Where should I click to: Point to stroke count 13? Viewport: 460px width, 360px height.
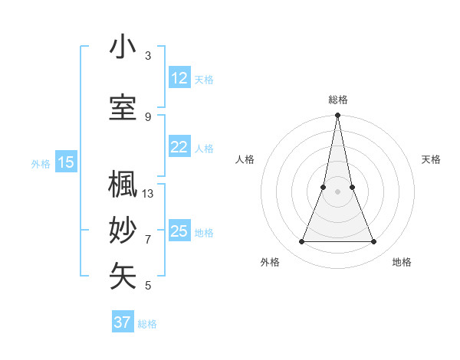(148, 194)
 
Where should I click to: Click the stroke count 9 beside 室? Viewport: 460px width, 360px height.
(148, 116)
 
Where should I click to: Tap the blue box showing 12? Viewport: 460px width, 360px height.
(179, 78)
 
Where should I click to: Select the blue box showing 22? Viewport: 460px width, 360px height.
(179, 148)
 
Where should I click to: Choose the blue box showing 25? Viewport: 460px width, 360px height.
(179, 231)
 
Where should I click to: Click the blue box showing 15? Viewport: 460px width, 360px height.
(66, 162)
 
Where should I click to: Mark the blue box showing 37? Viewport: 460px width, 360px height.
(123, 322)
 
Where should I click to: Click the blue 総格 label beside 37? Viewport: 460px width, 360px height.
(148, 324)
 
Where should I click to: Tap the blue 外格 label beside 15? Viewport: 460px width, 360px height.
(41, 163)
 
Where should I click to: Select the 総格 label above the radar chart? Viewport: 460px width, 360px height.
(338, 100)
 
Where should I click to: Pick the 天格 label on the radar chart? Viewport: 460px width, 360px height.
(432, 159)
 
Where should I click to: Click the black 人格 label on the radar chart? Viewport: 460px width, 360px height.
(245, 159)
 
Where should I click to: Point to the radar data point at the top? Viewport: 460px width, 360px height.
(337, 116)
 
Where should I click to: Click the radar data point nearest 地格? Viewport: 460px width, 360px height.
(374, 242)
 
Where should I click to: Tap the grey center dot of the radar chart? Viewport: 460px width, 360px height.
(337, 191)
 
